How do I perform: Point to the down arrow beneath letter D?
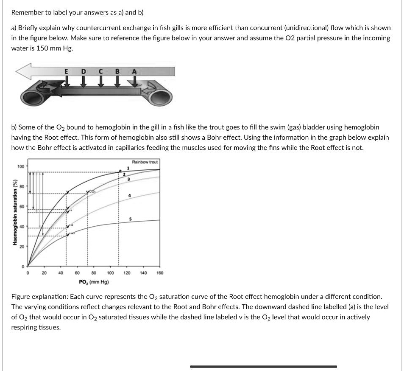pos(84,82)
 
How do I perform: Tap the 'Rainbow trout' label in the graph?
pos(145,162)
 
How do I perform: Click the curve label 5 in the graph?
pos(130,219)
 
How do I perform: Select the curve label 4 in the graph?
pos(130,196)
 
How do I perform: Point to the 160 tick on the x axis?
pos(159,273)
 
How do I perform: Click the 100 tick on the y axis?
pos(20,166)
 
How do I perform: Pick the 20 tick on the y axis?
pos(20,246)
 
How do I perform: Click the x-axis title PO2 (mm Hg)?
pos(94,282)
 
